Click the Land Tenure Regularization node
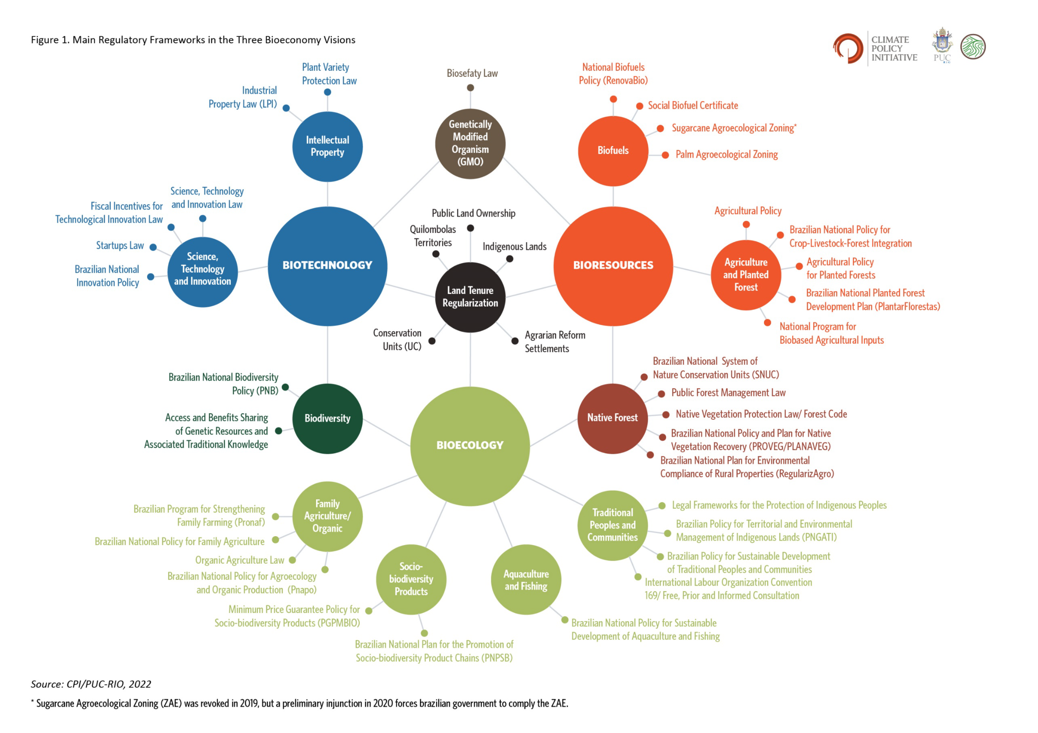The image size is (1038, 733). (470, 297)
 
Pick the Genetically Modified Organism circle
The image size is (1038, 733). (470, 144)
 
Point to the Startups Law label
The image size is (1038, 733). (120, 246)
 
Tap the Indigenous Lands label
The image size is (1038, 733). (514, 247)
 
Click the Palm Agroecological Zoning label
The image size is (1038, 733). (726, 155)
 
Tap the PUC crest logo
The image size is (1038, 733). (942, 45)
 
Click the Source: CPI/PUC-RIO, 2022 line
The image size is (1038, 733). (91, 684)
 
